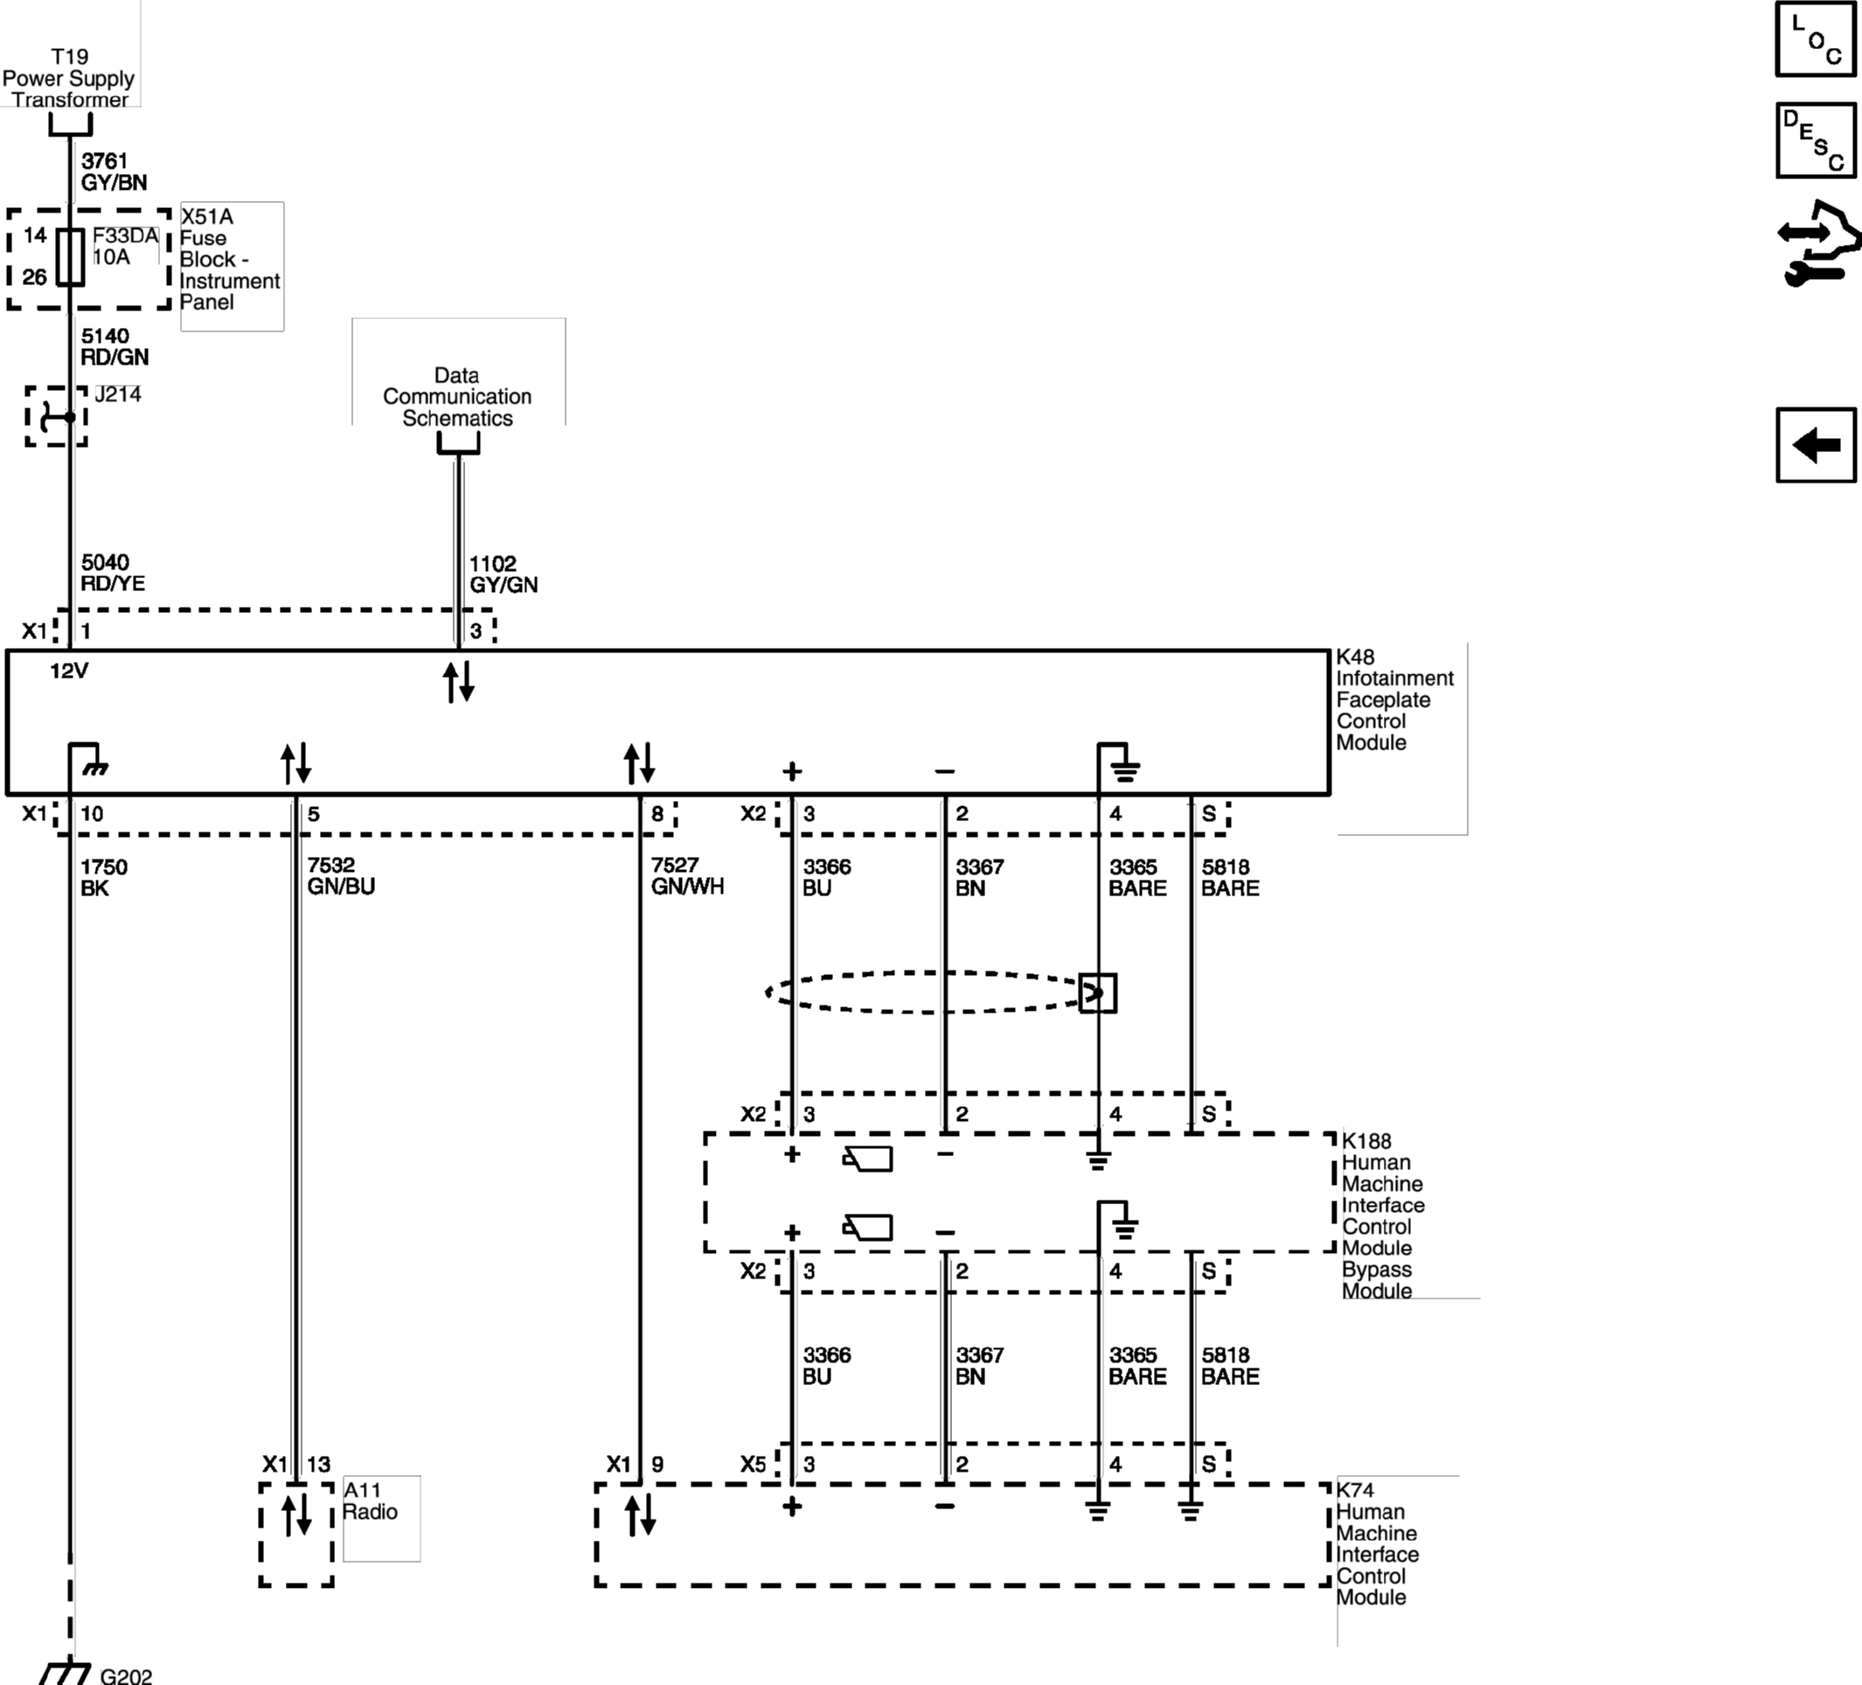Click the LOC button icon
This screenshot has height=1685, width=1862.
tap(1815, 38)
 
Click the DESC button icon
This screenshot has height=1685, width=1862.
tap(1815, 141)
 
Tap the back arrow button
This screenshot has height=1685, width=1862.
tap(1815, 445)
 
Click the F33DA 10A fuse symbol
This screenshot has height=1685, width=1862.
tap(71, 257)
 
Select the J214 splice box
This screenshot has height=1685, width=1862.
tap(56, 416)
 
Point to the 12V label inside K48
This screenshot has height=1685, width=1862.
tap(69, 671)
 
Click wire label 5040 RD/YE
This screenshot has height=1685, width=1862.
tap(113, 573)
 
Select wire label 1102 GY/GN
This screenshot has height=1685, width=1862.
tap(503, 574)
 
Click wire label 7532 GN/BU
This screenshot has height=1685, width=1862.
tap(341, 876)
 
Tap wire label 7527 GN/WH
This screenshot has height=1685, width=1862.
tap(686, 876)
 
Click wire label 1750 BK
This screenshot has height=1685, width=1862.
tap(103, 878)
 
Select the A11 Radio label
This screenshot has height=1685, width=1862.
tap(370, 1501)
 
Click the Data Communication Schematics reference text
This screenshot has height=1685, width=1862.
tap(457, 396)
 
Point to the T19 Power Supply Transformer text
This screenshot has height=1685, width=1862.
tap(69, 79)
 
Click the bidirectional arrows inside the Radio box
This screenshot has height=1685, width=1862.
tap(295, 1516)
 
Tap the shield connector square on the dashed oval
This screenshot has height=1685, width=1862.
tap(1097, 993)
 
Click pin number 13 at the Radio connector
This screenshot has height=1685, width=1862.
tap(319, 1465)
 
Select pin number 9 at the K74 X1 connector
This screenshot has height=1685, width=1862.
tap(657, 1465)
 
